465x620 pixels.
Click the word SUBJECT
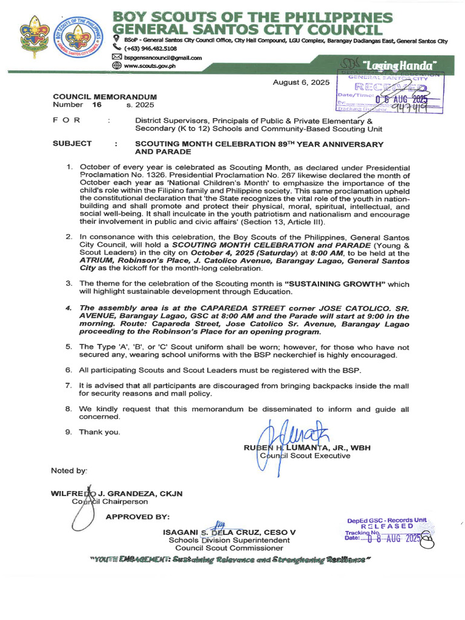(x=72, y=143)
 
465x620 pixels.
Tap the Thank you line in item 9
(x=99, y=432)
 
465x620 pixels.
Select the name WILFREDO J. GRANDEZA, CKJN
(x=116, y=493)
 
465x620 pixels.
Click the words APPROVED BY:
(x=137, y=516)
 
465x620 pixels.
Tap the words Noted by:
(x=69, y=470)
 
